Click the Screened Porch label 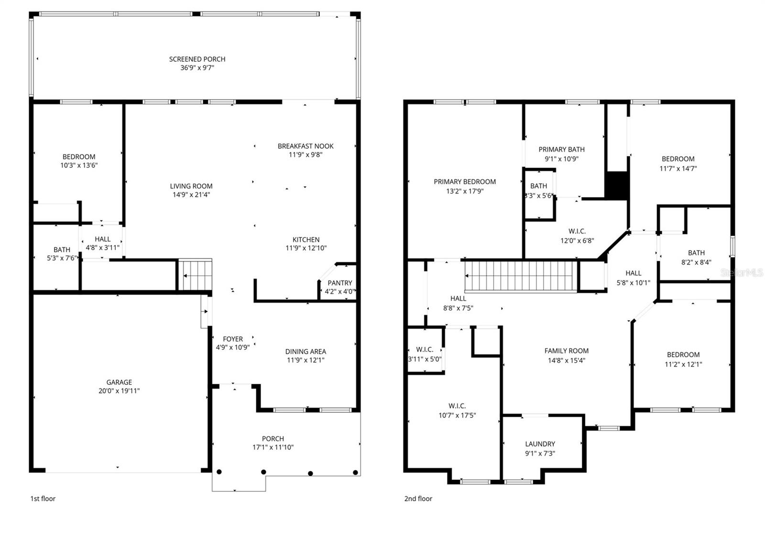[197, 59]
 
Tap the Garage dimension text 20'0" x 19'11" [119, 391]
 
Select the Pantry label [340, 283]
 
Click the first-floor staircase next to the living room [195, 275]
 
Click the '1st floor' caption [43, 499]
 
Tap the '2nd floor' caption [418, 499]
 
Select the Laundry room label [540, 444]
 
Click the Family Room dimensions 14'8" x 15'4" [567, 360]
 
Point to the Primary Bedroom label [465, 182]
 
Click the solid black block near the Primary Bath [616, 184]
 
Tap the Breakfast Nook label [306, 146]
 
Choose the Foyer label [233, 339]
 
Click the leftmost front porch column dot [219, 472]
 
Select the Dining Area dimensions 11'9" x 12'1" [306, 360]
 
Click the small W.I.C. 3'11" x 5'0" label [425, 355]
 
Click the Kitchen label [306, 240]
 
